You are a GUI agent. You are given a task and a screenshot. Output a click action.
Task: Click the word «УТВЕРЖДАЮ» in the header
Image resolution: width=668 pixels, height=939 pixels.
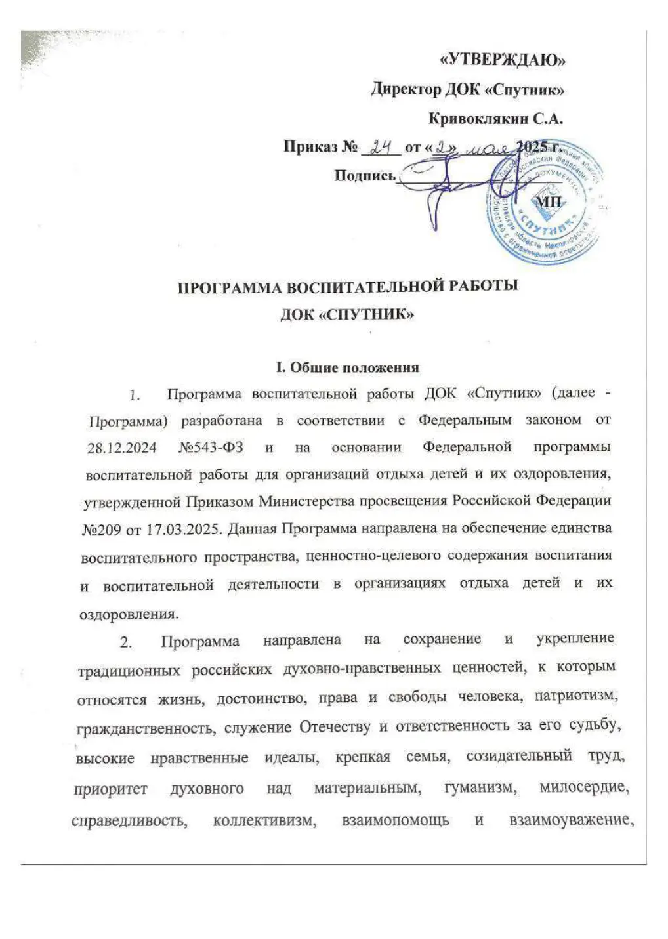coord(501,61)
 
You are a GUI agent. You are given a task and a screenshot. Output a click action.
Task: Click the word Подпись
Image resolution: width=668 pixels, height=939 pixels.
coord(365,175)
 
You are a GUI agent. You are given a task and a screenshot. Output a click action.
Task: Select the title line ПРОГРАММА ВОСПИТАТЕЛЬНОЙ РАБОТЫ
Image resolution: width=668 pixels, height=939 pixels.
coord(348,288)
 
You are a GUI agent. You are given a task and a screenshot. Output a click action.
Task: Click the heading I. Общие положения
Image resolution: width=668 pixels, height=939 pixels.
coord(347,367)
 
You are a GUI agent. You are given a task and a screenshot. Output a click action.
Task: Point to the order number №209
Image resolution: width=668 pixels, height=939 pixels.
coord(103,528)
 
